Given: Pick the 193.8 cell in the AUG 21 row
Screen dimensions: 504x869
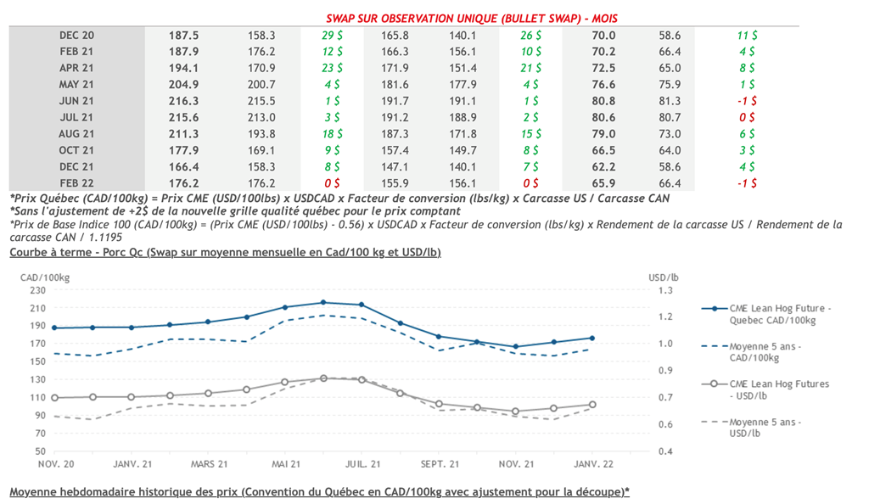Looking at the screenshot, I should [261, 133].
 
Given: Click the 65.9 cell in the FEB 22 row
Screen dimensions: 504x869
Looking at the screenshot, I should [603, 182].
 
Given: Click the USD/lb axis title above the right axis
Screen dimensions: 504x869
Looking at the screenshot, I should [663, 277].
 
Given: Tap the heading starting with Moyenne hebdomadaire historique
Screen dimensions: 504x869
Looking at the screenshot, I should [319, 492].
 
